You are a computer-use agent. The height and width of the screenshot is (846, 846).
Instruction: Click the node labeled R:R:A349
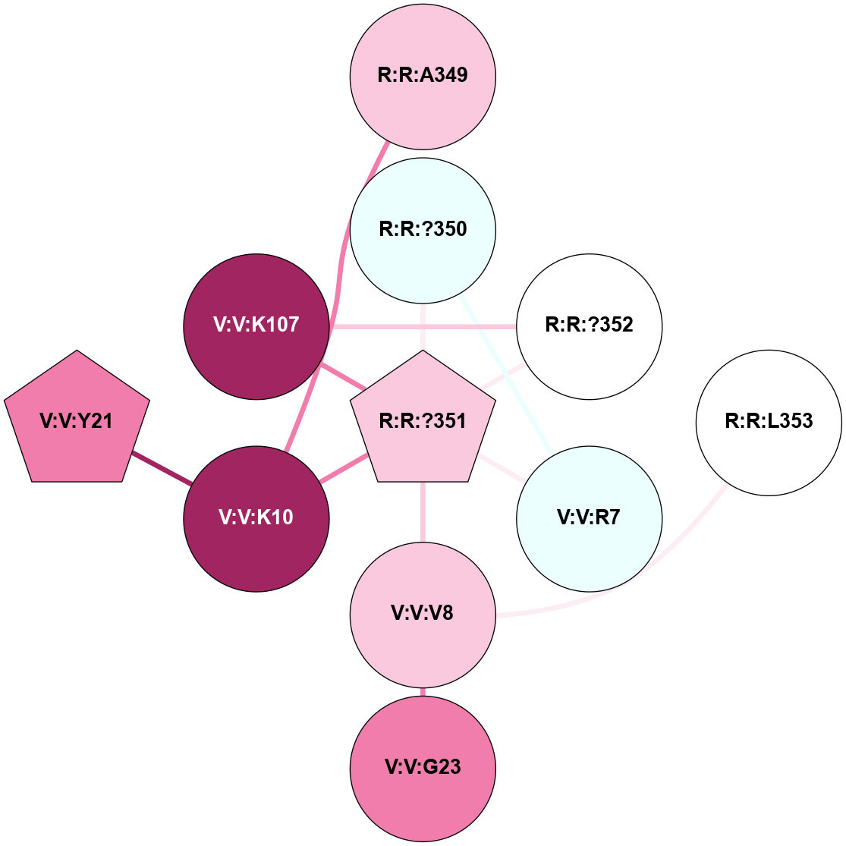click(423, 76)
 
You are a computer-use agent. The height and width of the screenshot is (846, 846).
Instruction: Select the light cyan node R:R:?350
click(423, 230)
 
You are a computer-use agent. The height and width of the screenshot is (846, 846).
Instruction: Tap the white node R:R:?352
click(589, 326)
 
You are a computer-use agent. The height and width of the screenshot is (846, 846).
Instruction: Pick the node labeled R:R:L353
click(769, 422)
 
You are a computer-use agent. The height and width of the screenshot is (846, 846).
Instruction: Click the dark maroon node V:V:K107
click(256, 326)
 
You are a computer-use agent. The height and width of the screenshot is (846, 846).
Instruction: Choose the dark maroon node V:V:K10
click(256, 518)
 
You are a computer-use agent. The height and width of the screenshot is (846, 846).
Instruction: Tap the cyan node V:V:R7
click(589, 519)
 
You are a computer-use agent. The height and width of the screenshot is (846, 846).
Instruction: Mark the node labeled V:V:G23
click(423, 768)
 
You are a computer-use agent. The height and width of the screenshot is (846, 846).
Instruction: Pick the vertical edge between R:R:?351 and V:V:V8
click(423, 512)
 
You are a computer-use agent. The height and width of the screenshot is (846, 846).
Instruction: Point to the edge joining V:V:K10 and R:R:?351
click(344, 467)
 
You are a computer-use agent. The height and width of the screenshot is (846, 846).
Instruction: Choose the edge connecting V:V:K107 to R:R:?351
click(343, 377)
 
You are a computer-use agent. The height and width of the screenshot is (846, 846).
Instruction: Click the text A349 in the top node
click(440, 76)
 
